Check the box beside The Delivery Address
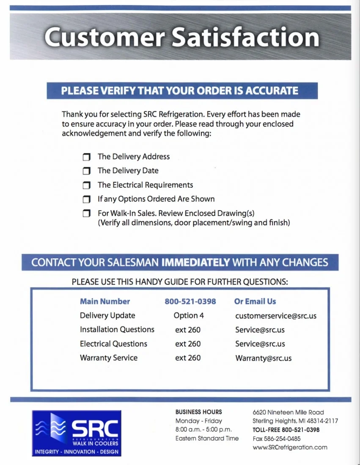pos(87,157)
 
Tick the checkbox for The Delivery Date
pos(87,171)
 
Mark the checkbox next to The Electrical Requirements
pos(87,185)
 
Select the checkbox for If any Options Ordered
pos(87,199)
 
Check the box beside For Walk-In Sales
pos(87,213)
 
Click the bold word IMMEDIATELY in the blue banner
pos(196,262)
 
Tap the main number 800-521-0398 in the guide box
pos(190,301)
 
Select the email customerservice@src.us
pos(276,316)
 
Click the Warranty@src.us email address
pos(263,358)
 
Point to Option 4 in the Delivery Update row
pos(189,316)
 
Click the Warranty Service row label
pos(109,358)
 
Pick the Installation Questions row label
pos(117,330)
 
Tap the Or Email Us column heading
pos(255,301)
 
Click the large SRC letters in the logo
pos(95,429)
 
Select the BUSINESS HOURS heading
pos(198,412)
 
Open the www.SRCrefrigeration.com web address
pos(290,447)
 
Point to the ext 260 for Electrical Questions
pos(188,344)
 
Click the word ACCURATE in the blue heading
pos(272,91)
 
